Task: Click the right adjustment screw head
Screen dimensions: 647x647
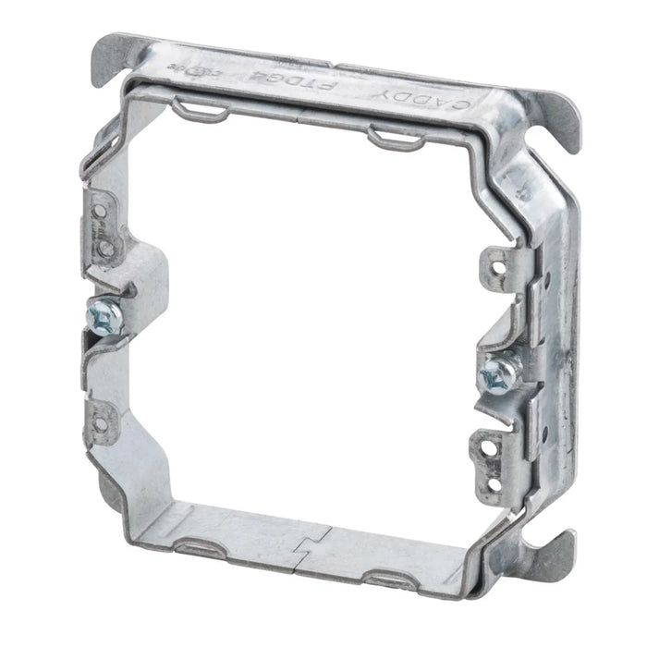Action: click(492, 372)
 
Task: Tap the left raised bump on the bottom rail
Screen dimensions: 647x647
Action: click(197, 546)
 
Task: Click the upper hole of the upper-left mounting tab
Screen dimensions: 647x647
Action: click(99, 212)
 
